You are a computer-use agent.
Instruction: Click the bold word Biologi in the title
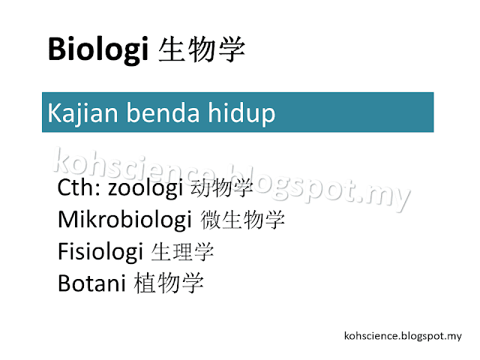[x=98, y=50]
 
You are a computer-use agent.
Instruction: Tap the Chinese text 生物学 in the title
[x=202, y=49]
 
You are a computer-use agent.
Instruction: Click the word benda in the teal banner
[x=163, y=112]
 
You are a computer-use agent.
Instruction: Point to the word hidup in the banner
[x=241, y=114]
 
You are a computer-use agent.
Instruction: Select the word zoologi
[x=145, y=189]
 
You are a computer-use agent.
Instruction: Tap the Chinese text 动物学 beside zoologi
[x=222, y=187]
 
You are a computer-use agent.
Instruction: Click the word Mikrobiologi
[x=125, y=220]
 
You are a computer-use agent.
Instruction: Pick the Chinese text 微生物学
[x=242, y=220]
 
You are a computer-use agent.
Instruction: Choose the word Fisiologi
[x=100, y=252]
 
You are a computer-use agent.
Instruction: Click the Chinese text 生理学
[x=182, y=252]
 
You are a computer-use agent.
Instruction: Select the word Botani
[x=91, y=283]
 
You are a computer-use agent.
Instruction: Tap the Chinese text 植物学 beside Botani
[x=169, y=283]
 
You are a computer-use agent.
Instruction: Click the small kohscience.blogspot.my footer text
[x=403, y=336]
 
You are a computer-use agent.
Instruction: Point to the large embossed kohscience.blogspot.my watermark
[x=232, y=179]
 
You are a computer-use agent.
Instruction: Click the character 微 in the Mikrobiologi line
[x=211, y=220]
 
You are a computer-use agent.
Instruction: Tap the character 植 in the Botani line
[x=145, y=283]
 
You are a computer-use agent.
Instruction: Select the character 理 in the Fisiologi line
[x=182, y=252]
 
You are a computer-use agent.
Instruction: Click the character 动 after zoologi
[x=200, y=187]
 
